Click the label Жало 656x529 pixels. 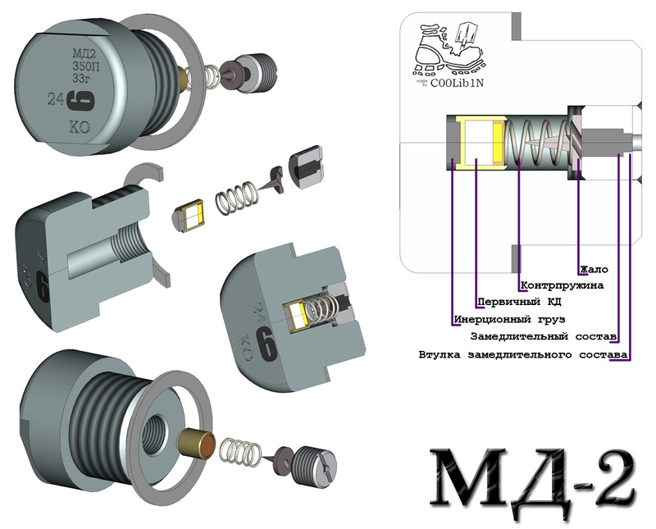[594, 269]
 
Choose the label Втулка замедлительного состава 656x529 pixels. [522, 354]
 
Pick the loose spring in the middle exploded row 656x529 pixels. [235, 197]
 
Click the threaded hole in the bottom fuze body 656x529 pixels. [157, 431]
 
